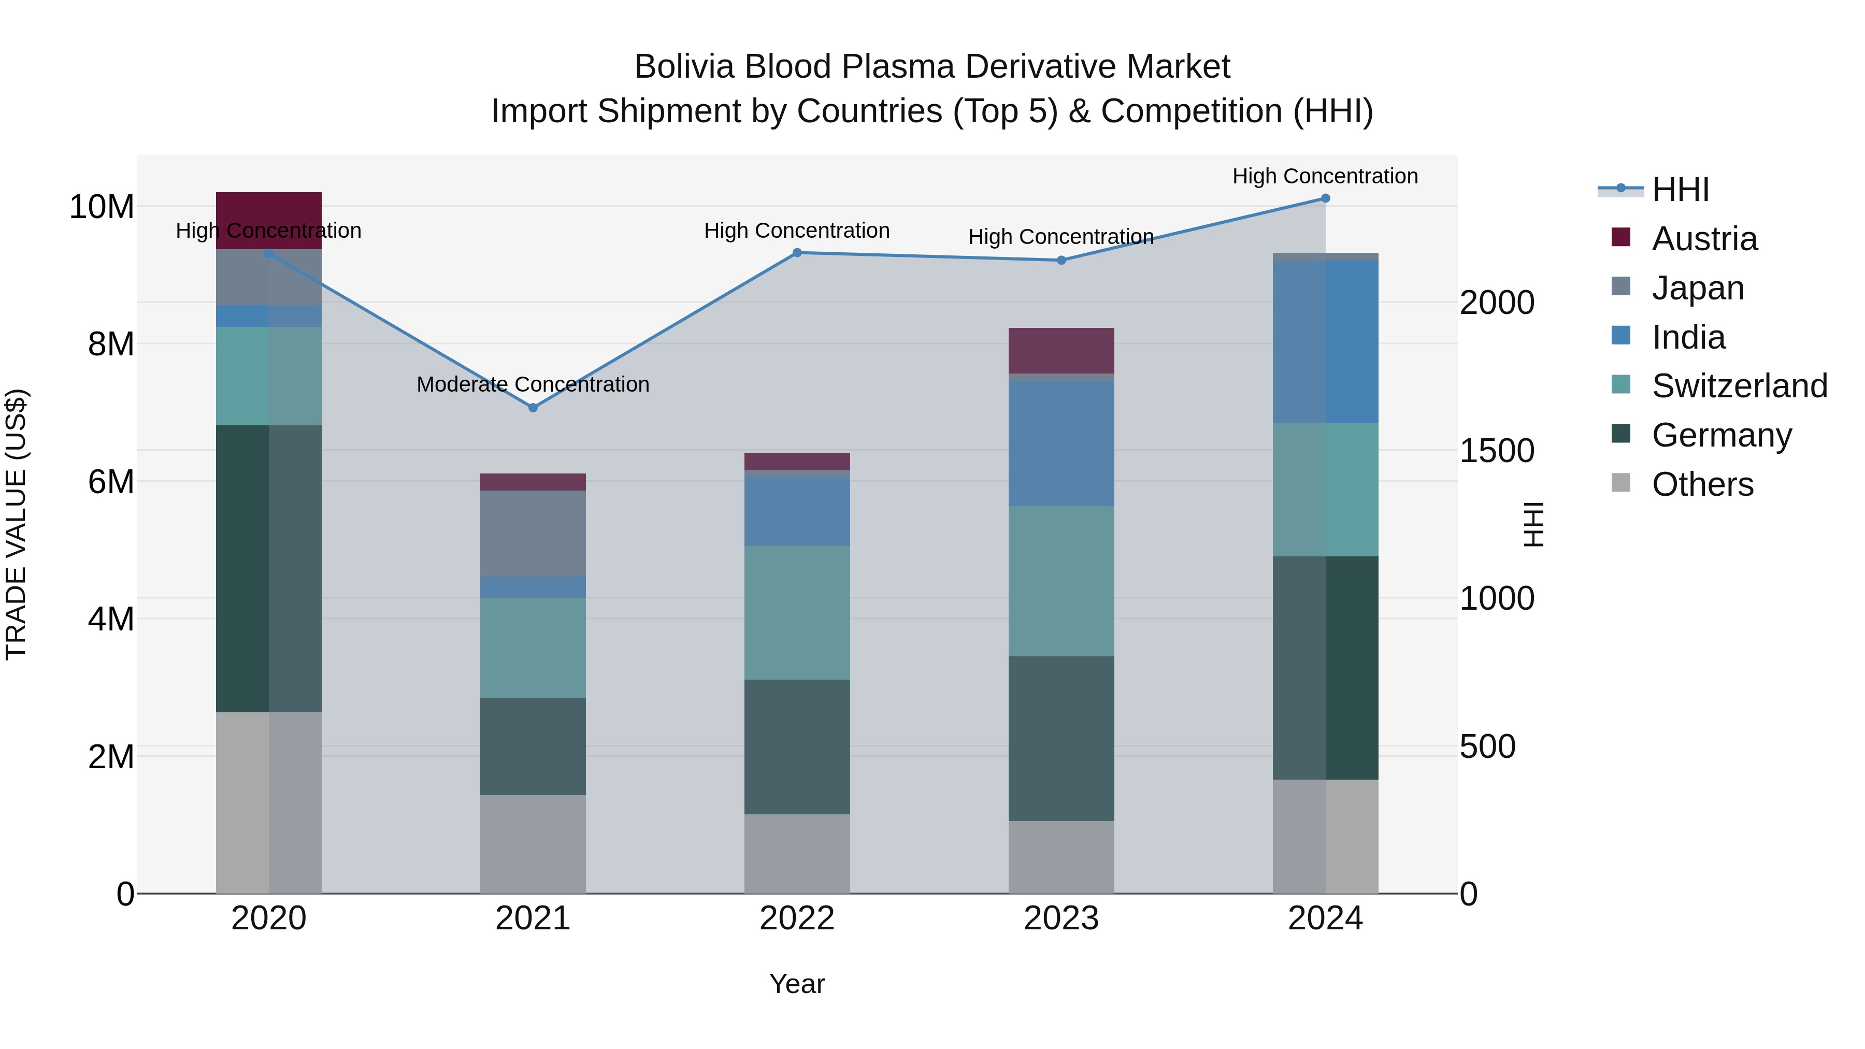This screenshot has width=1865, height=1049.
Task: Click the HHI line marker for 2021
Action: tap(533, 408)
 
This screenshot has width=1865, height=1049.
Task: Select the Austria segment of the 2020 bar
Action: tap(268, 220)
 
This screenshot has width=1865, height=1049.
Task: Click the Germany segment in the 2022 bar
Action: tap(797, 746)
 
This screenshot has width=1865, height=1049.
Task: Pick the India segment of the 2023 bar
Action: tap(1061, 443)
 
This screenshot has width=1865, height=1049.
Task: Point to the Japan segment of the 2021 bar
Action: tap(533, 534)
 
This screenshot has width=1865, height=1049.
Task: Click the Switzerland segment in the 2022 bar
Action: tap(797, 612)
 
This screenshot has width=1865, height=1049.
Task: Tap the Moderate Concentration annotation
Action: tap(533, 384)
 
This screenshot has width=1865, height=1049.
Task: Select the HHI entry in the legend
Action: tap(1680, 190)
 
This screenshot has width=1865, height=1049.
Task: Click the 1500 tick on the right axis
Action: tap(1496, 451)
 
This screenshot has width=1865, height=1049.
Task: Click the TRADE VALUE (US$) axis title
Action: tap(16, 524)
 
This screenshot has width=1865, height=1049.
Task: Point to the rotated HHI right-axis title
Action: tap(1533, 524)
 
